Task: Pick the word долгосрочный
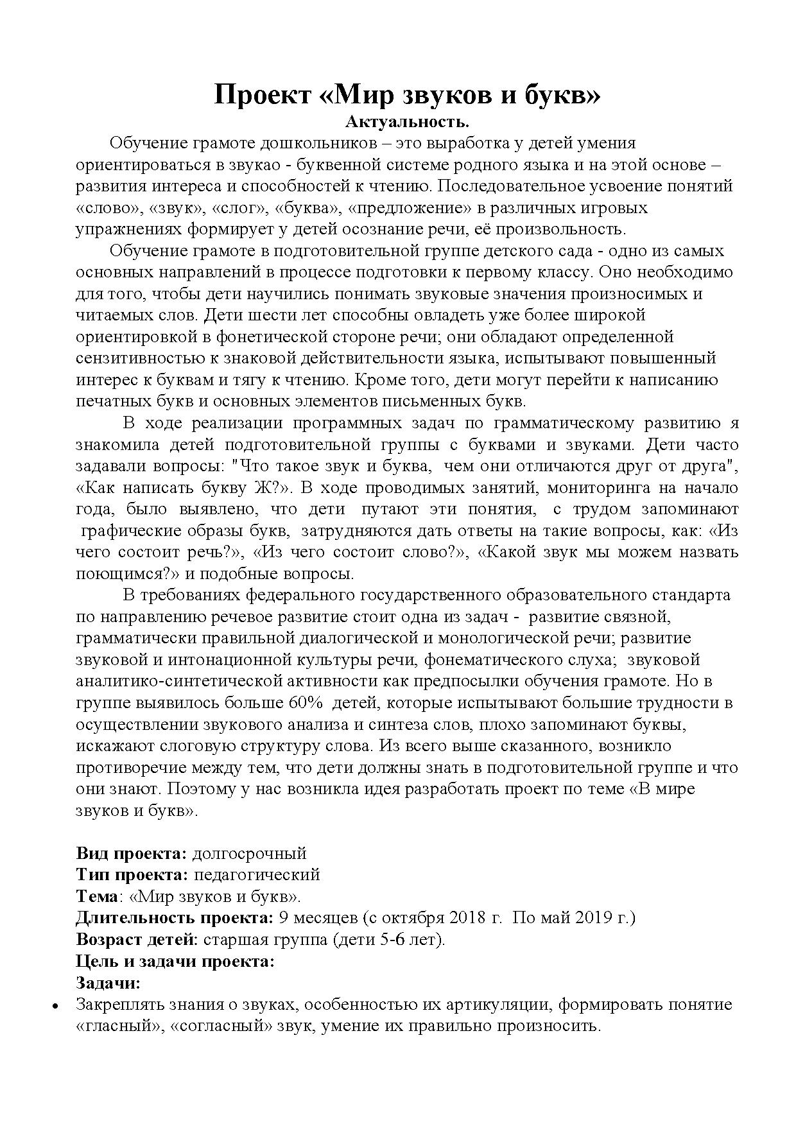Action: pyautogui.click(x=250, y=853)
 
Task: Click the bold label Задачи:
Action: pyautogui.click(x=108, y=982)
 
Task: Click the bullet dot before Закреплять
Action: pyautogui.click(x=56, y=1006)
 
